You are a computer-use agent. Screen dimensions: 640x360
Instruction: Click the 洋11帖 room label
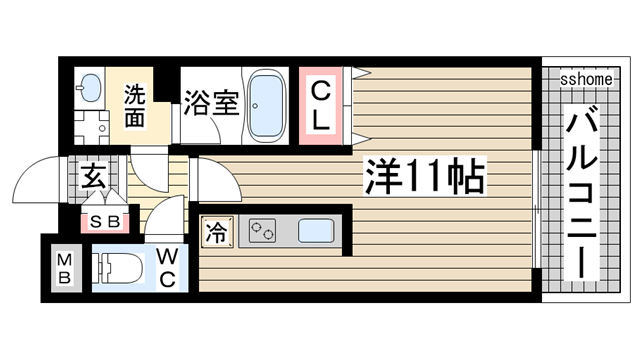pos(425,177)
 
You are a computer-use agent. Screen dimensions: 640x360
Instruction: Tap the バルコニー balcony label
pos(582,192)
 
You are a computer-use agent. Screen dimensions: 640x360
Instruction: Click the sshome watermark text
pos(586,79)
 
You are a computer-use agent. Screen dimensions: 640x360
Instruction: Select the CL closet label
pos(320,106)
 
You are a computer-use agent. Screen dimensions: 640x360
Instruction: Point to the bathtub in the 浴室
pos(267,106)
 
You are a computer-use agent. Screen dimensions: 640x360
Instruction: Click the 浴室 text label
pos(211,102)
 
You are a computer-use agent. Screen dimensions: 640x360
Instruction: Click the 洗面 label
pos(134,106)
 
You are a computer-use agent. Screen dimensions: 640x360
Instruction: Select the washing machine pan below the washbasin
pos(91,128)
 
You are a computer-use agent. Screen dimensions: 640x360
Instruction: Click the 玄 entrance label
pos(93,177)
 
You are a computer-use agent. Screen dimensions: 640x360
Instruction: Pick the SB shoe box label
pos(105,222)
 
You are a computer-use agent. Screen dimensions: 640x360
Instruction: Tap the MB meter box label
pos(64,268)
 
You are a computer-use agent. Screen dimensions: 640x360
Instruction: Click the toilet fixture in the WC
pos(117,268)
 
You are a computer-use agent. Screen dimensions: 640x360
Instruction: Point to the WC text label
pos(167,268)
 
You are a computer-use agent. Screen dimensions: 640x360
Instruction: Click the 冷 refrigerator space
pos(217,232)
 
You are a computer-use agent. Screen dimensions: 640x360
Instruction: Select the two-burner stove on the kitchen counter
pos(262,231)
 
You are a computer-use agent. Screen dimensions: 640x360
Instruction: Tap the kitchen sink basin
pos(316,231)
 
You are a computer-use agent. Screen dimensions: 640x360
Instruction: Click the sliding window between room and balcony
pos(536,209)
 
